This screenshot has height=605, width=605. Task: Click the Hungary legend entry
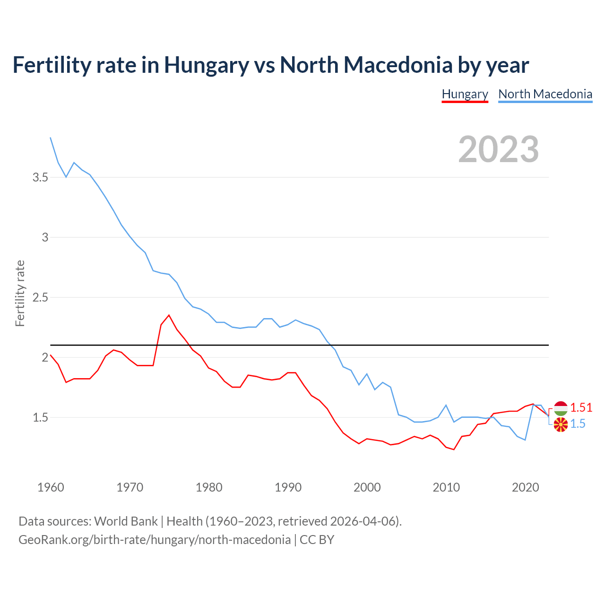pos(465,94)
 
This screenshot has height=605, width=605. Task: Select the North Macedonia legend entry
pos(545,94)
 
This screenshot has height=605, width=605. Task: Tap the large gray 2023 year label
pos(498,149)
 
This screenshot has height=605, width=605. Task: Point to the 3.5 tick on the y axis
pos(40,177)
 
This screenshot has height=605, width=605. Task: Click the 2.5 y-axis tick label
pos(40,297)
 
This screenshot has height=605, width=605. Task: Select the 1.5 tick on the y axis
pos(40,417)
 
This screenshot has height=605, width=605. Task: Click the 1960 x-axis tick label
pos(51,487)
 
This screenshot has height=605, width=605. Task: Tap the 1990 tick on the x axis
pos(288,487)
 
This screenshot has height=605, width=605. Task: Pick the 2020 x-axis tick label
pos(525,487)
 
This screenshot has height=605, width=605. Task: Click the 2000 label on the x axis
pos(367,487)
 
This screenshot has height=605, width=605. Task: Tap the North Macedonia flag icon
pos(561,424)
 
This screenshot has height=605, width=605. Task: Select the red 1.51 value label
pos(581,407)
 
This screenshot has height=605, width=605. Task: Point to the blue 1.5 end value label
pos(578,424)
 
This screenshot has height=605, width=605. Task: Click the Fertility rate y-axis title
pos(20,293)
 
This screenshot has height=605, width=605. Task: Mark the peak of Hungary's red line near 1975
pos(169,315)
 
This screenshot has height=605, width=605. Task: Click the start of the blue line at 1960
pos(51,138)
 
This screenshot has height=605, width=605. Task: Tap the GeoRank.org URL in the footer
pos(155,539)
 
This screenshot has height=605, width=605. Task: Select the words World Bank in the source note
pos(126,521)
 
